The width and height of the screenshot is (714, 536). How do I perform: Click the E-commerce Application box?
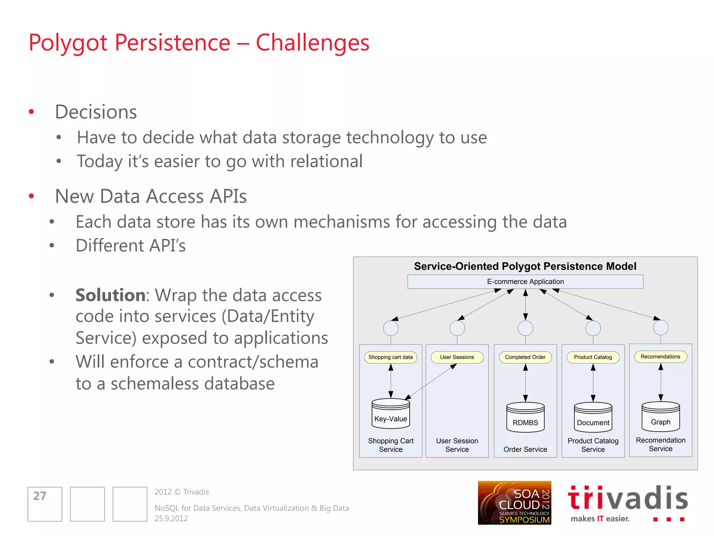click(525, 282)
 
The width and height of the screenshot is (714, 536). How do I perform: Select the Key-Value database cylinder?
click(390, 414)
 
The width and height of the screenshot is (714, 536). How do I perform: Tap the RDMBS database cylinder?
click(525, 418)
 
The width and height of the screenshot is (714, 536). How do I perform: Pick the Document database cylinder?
click(593, 418)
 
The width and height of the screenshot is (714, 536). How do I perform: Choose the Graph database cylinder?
click(660, 417)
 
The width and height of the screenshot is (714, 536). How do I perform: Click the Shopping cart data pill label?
click(390, 357)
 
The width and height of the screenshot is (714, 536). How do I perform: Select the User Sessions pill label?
click(457, 357)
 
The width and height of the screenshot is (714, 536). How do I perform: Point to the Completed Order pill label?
click(525, 357)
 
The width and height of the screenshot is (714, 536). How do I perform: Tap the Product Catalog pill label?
click(593, 357)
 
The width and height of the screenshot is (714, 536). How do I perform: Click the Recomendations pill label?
click(660, 357)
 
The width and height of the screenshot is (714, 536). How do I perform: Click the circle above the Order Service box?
click(525, 328)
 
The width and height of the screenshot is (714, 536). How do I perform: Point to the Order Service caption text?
click(525, 449)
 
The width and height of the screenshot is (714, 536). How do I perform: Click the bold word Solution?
click(110, 295)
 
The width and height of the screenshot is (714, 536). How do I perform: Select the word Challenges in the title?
click(312, 43)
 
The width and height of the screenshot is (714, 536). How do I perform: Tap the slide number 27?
click(40, 496)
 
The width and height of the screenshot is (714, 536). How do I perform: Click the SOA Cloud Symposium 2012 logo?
click(514, 503)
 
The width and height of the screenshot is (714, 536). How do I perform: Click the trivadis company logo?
click(628, 503)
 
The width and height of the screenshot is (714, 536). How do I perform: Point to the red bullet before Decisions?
click(31, 112)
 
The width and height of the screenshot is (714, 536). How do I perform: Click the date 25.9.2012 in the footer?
click(171, 519)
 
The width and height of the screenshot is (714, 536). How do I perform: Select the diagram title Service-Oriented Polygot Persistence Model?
click(525, 266)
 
